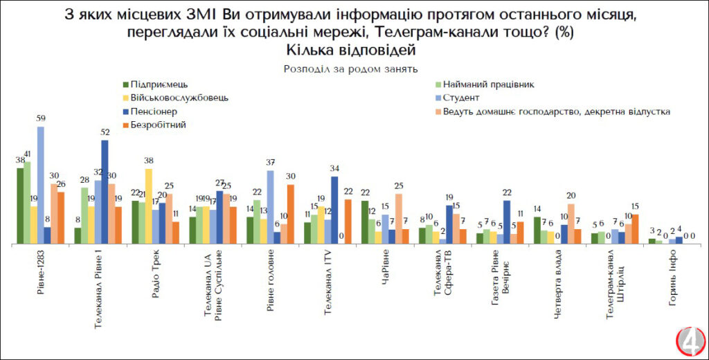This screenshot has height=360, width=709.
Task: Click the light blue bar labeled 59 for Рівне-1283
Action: click(40, 186)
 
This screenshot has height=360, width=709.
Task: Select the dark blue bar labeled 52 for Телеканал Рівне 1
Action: click(105, 192)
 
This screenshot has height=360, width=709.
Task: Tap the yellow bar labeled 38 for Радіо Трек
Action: click(147, 206)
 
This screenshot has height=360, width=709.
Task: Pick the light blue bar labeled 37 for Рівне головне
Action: click(269, 207)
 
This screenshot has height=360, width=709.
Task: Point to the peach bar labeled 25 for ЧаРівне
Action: click(400, 219)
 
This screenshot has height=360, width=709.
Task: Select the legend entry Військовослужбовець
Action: click(173, 98)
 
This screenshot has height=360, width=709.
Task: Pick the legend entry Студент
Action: click(456, 98)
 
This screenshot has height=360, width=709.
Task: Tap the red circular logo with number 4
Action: click(690, 343)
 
